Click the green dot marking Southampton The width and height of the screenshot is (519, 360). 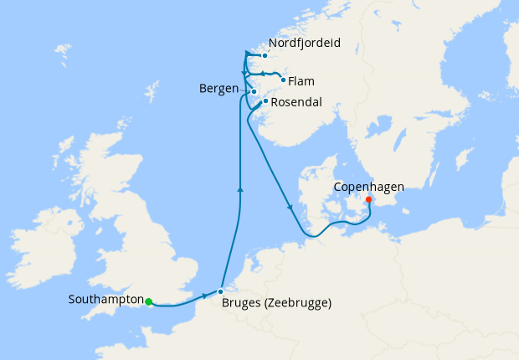[148, 301]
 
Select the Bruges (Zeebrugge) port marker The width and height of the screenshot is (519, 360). [220, 291]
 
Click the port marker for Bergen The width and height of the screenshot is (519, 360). [253, 91]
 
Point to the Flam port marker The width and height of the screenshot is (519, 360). [283, 80]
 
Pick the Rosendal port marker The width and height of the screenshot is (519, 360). [265, 101]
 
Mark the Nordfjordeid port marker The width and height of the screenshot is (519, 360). [265, 56]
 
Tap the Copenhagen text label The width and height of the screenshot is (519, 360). [369, 187]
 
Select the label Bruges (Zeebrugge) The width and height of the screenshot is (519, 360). [277, 303]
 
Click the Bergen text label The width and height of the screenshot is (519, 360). [219, 88]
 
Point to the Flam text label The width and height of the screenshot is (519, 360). [302, 81]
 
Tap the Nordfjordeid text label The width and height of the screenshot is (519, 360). [306, 42]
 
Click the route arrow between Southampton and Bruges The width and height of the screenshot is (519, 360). [204, 297]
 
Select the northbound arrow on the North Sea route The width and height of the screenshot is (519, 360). [240, 190]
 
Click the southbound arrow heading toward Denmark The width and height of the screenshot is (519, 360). [290, 207]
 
